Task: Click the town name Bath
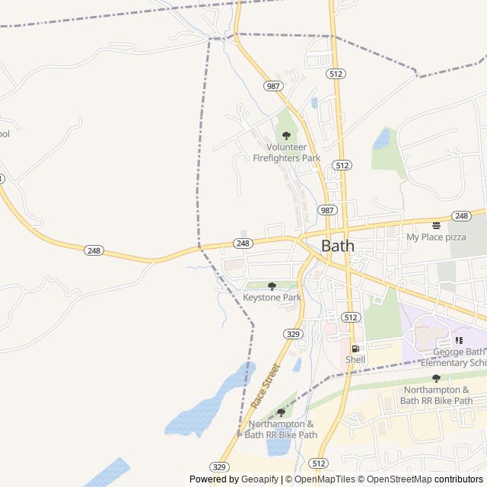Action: pos(338,246)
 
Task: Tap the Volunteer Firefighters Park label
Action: pos(287,152)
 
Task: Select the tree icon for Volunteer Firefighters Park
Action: pos(286,135)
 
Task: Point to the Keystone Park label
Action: pos(272,297)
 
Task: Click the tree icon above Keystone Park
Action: pos(272,286)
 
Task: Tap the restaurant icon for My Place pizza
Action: pos(436,225)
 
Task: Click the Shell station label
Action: pos(355,359)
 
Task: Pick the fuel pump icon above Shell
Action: pos(355,349)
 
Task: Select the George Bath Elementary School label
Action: pos(460,357)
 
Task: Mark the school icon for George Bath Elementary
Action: pos(458,340)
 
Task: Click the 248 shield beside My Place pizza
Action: pos(460,216)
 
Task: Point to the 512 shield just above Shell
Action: pos(350,317)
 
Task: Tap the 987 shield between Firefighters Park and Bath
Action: pos(326,210)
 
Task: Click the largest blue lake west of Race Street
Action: pos(205,407)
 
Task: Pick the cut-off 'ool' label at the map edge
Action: pos(5,134)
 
